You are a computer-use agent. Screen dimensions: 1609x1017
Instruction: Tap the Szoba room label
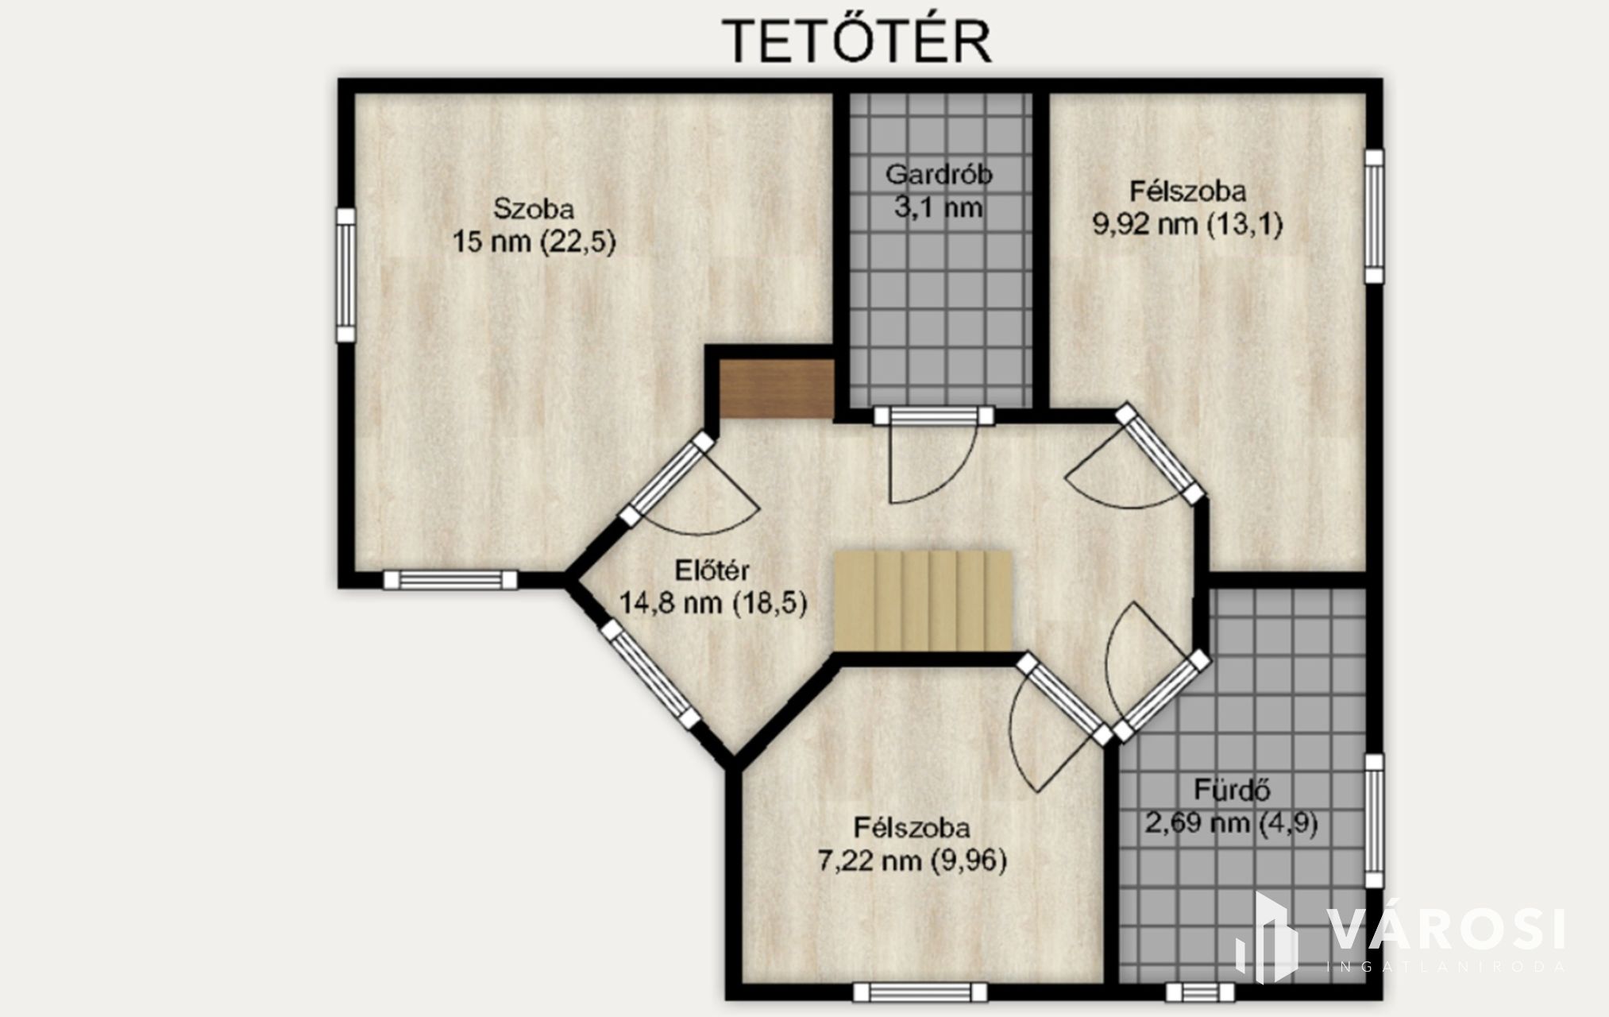click(534, 209)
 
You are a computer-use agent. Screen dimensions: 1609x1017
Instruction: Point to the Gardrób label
click(939, 174)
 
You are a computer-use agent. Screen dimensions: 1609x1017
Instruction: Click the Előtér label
click(712, 570)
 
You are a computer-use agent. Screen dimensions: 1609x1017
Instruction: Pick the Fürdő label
click(1232, 790)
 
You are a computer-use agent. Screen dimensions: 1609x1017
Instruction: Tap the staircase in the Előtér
click(923, 601)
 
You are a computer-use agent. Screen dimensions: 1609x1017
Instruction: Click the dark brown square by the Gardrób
click(777, 389)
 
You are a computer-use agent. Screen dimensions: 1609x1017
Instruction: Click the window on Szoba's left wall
click(345, 275)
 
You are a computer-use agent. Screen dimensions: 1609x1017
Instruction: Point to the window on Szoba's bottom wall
click(450, 580)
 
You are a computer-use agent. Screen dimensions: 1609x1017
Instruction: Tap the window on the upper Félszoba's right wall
click(1374, 216)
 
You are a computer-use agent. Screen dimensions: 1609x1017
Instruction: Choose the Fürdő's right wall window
click(1374, 821)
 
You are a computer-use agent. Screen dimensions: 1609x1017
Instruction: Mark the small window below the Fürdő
click(1201, 992)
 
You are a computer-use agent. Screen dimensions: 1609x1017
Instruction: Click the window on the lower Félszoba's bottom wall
click(920, 992)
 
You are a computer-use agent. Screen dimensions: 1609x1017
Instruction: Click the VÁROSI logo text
click(1446, 929)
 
